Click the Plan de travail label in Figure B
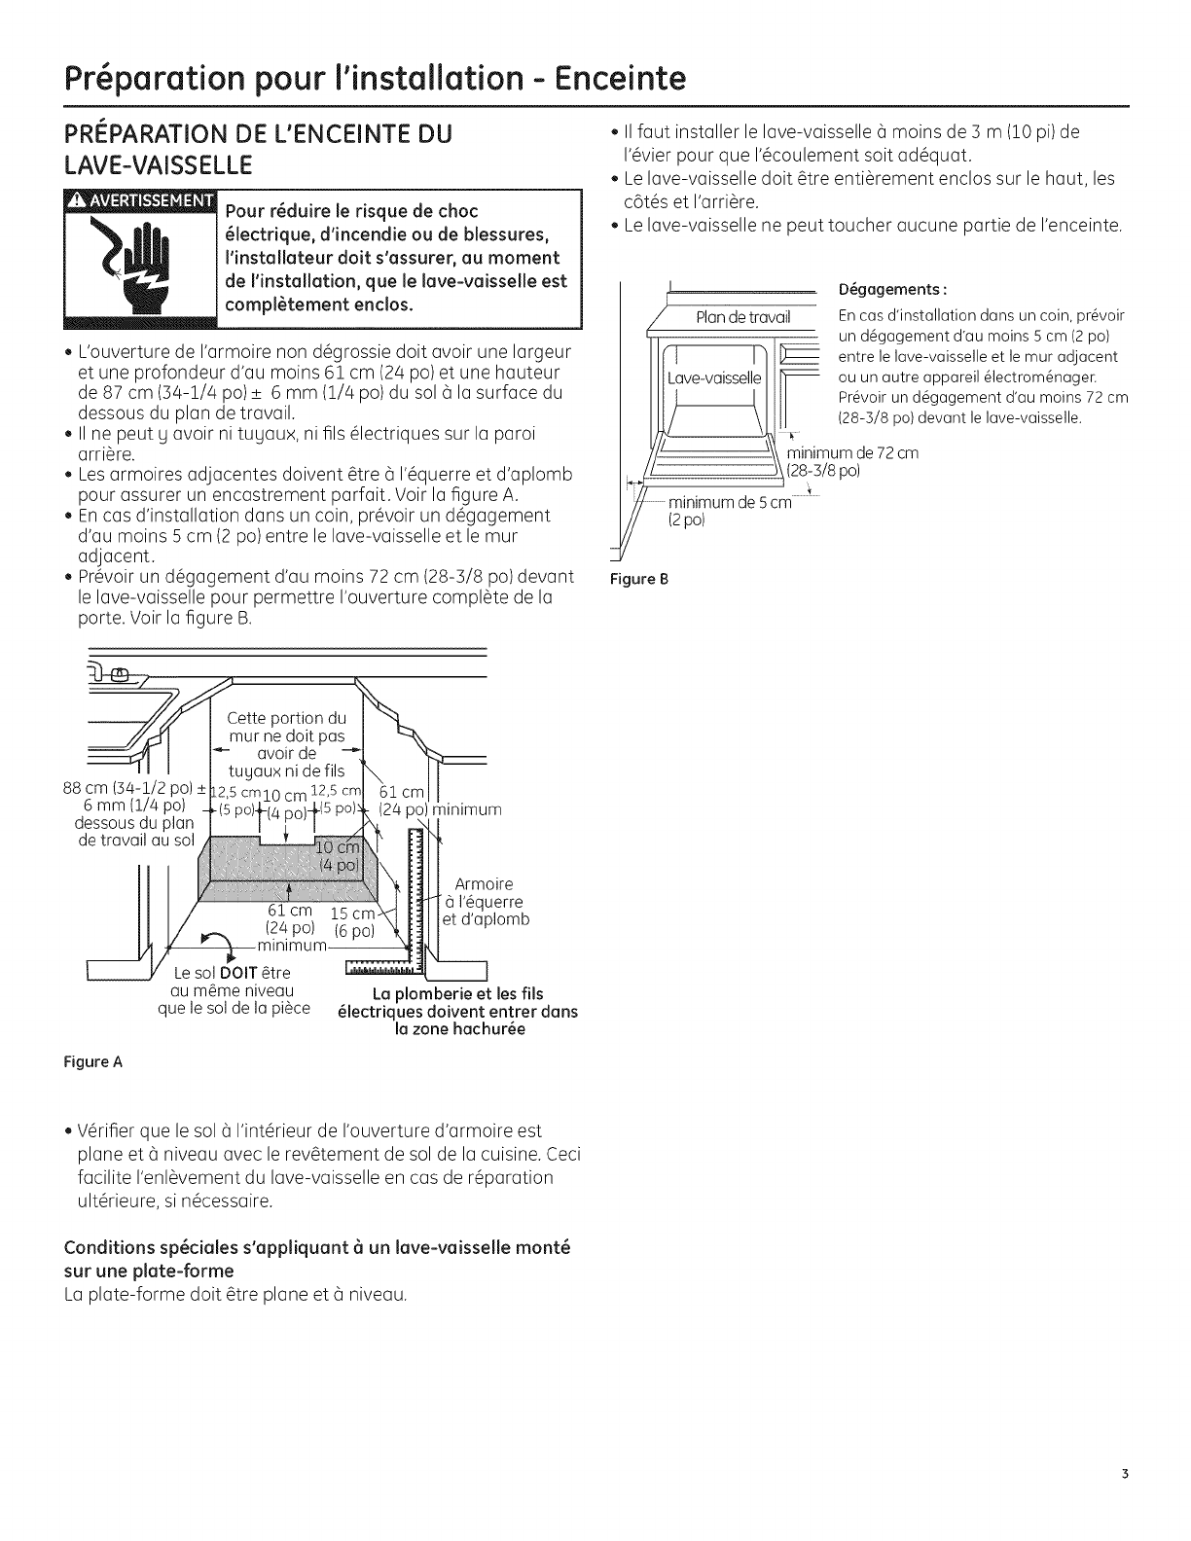point(743,317)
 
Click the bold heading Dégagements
point(892,290)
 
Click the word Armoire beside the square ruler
point(484,884)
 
